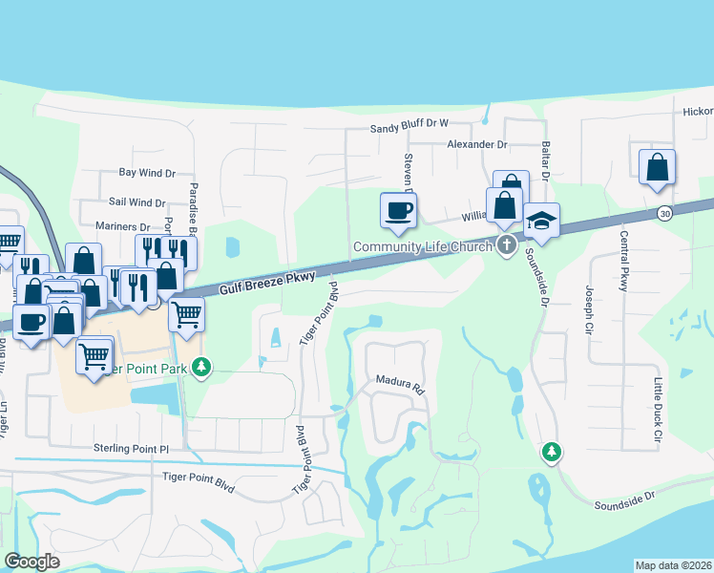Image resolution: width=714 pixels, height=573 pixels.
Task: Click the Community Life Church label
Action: pyautogui.click(x=421, y=246)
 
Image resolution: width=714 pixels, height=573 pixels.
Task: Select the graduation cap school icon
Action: pyautogui.click(x=541, y=222)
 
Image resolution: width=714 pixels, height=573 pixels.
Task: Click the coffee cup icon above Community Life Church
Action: pyautogui.click(x=397, y=210)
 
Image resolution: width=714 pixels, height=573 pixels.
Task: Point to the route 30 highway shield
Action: pyautogui.click(x=664, y=213)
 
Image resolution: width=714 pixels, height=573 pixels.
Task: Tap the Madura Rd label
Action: pyautogui.click(x=398, y=388)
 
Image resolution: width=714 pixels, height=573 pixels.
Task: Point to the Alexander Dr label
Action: pyautogui.click(x=477, y=144)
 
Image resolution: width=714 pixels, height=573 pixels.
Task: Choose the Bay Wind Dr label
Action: pyautogui.click(x=147, y=173)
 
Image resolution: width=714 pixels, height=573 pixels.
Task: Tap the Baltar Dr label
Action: pyautogui.click(x=546, y=160)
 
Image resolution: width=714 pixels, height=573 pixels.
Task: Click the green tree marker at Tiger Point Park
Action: pyautogui.click(x=200, y=367)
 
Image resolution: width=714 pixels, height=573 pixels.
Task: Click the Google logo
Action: pyautogui.click(x=32, y=562)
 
